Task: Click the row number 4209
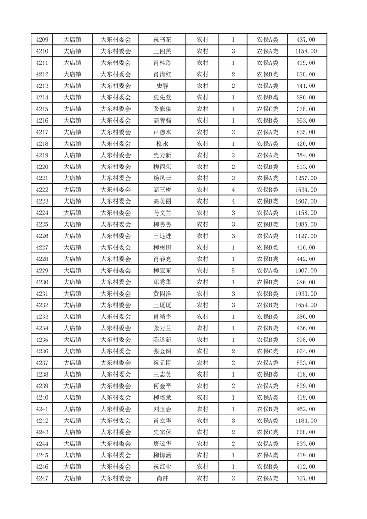(x=42, y=40)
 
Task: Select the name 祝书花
(x=162, y=40)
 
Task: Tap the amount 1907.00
(x=306, y=271)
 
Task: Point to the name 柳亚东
(x=162, y=271)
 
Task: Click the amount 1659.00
(x=306, y=305)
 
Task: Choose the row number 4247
(x=42, y=478)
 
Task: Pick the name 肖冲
(x=162, y=478)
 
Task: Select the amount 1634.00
(x=306, y=190)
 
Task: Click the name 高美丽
(x=162, y=201)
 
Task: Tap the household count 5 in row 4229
(x=233, y=271)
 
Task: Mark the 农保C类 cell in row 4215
(x=267, y=109)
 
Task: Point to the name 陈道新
(x=162, y=340)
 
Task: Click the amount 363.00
(x=306, y=121)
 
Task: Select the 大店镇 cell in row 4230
(x=72, y=282)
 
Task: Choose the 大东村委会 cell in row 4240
(x=116, y=397)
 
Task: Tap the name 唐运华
(x=162, y=444)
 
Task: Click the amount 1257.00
(x=306, y=178)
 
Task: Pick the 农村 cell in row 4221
(x=202, y=178)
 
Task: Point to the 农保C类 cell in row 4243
(x=267, y=432)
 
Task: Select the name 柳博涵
(x=162, y=455)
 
